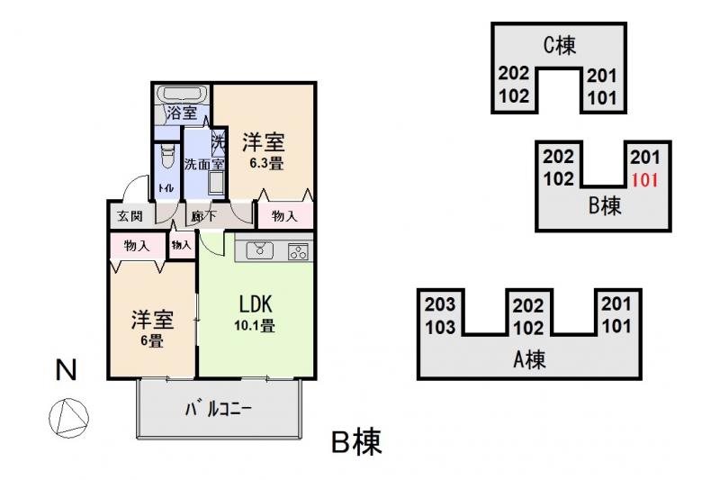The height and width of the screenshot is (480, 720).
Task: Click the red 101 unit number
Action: (646, 178)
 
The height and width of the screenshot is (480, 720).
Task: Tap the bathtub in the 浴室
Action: (183, 95)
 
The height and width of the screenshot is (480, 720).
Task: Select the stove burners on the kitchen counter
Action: (298, 251)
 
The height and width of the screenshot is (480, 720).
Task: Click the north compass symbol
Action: (68, 418)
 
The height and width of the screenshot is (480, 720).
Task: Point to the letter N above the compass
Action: (65, 369)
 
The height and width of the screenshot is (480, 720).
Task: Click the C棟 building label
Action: (559, 45)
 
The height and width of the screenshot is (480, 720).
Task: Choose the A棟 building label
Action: (529, 360)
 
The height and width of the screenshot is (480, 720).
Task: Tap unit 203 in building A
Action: (439, 304)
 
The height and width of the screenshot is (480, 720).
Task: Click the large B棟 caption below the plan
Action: (356, 442)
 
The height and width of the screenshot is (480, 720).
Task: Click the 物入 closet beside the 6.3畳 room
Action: (285, 216)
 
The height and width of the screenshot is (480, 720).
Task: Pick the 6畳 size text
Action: (150, 341)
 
